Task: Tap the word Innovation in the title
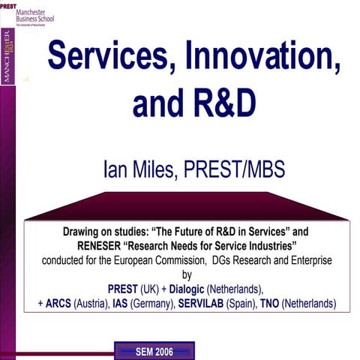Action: pyautogui.click(x=265, y=56)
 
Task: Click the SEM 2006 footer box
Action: pyautogui.click(x=153, y=351)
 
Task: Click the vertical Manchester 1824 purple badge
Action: pyautogui.click(x=9, y=56)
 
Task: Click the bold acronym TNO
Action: pyautogui.click(x=282, y=304)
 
